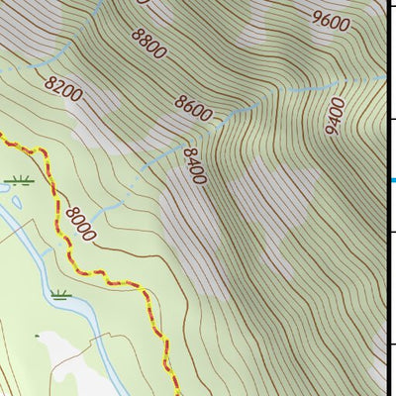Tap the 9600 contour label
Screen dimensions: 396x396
click(330, 19)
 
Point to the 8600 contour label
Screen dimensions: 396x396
click(193, 107)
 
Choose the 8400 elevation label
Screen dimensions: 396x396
click(194, 166)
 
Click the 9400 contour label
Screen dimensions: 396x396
click(334, 116)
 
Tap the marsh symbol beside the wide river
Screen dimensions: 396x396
click(62, 294)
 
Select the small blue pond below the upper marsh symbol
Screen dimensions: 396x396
click(17, 203)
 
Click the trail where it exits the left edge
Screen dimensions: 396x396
click(3, 138)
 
